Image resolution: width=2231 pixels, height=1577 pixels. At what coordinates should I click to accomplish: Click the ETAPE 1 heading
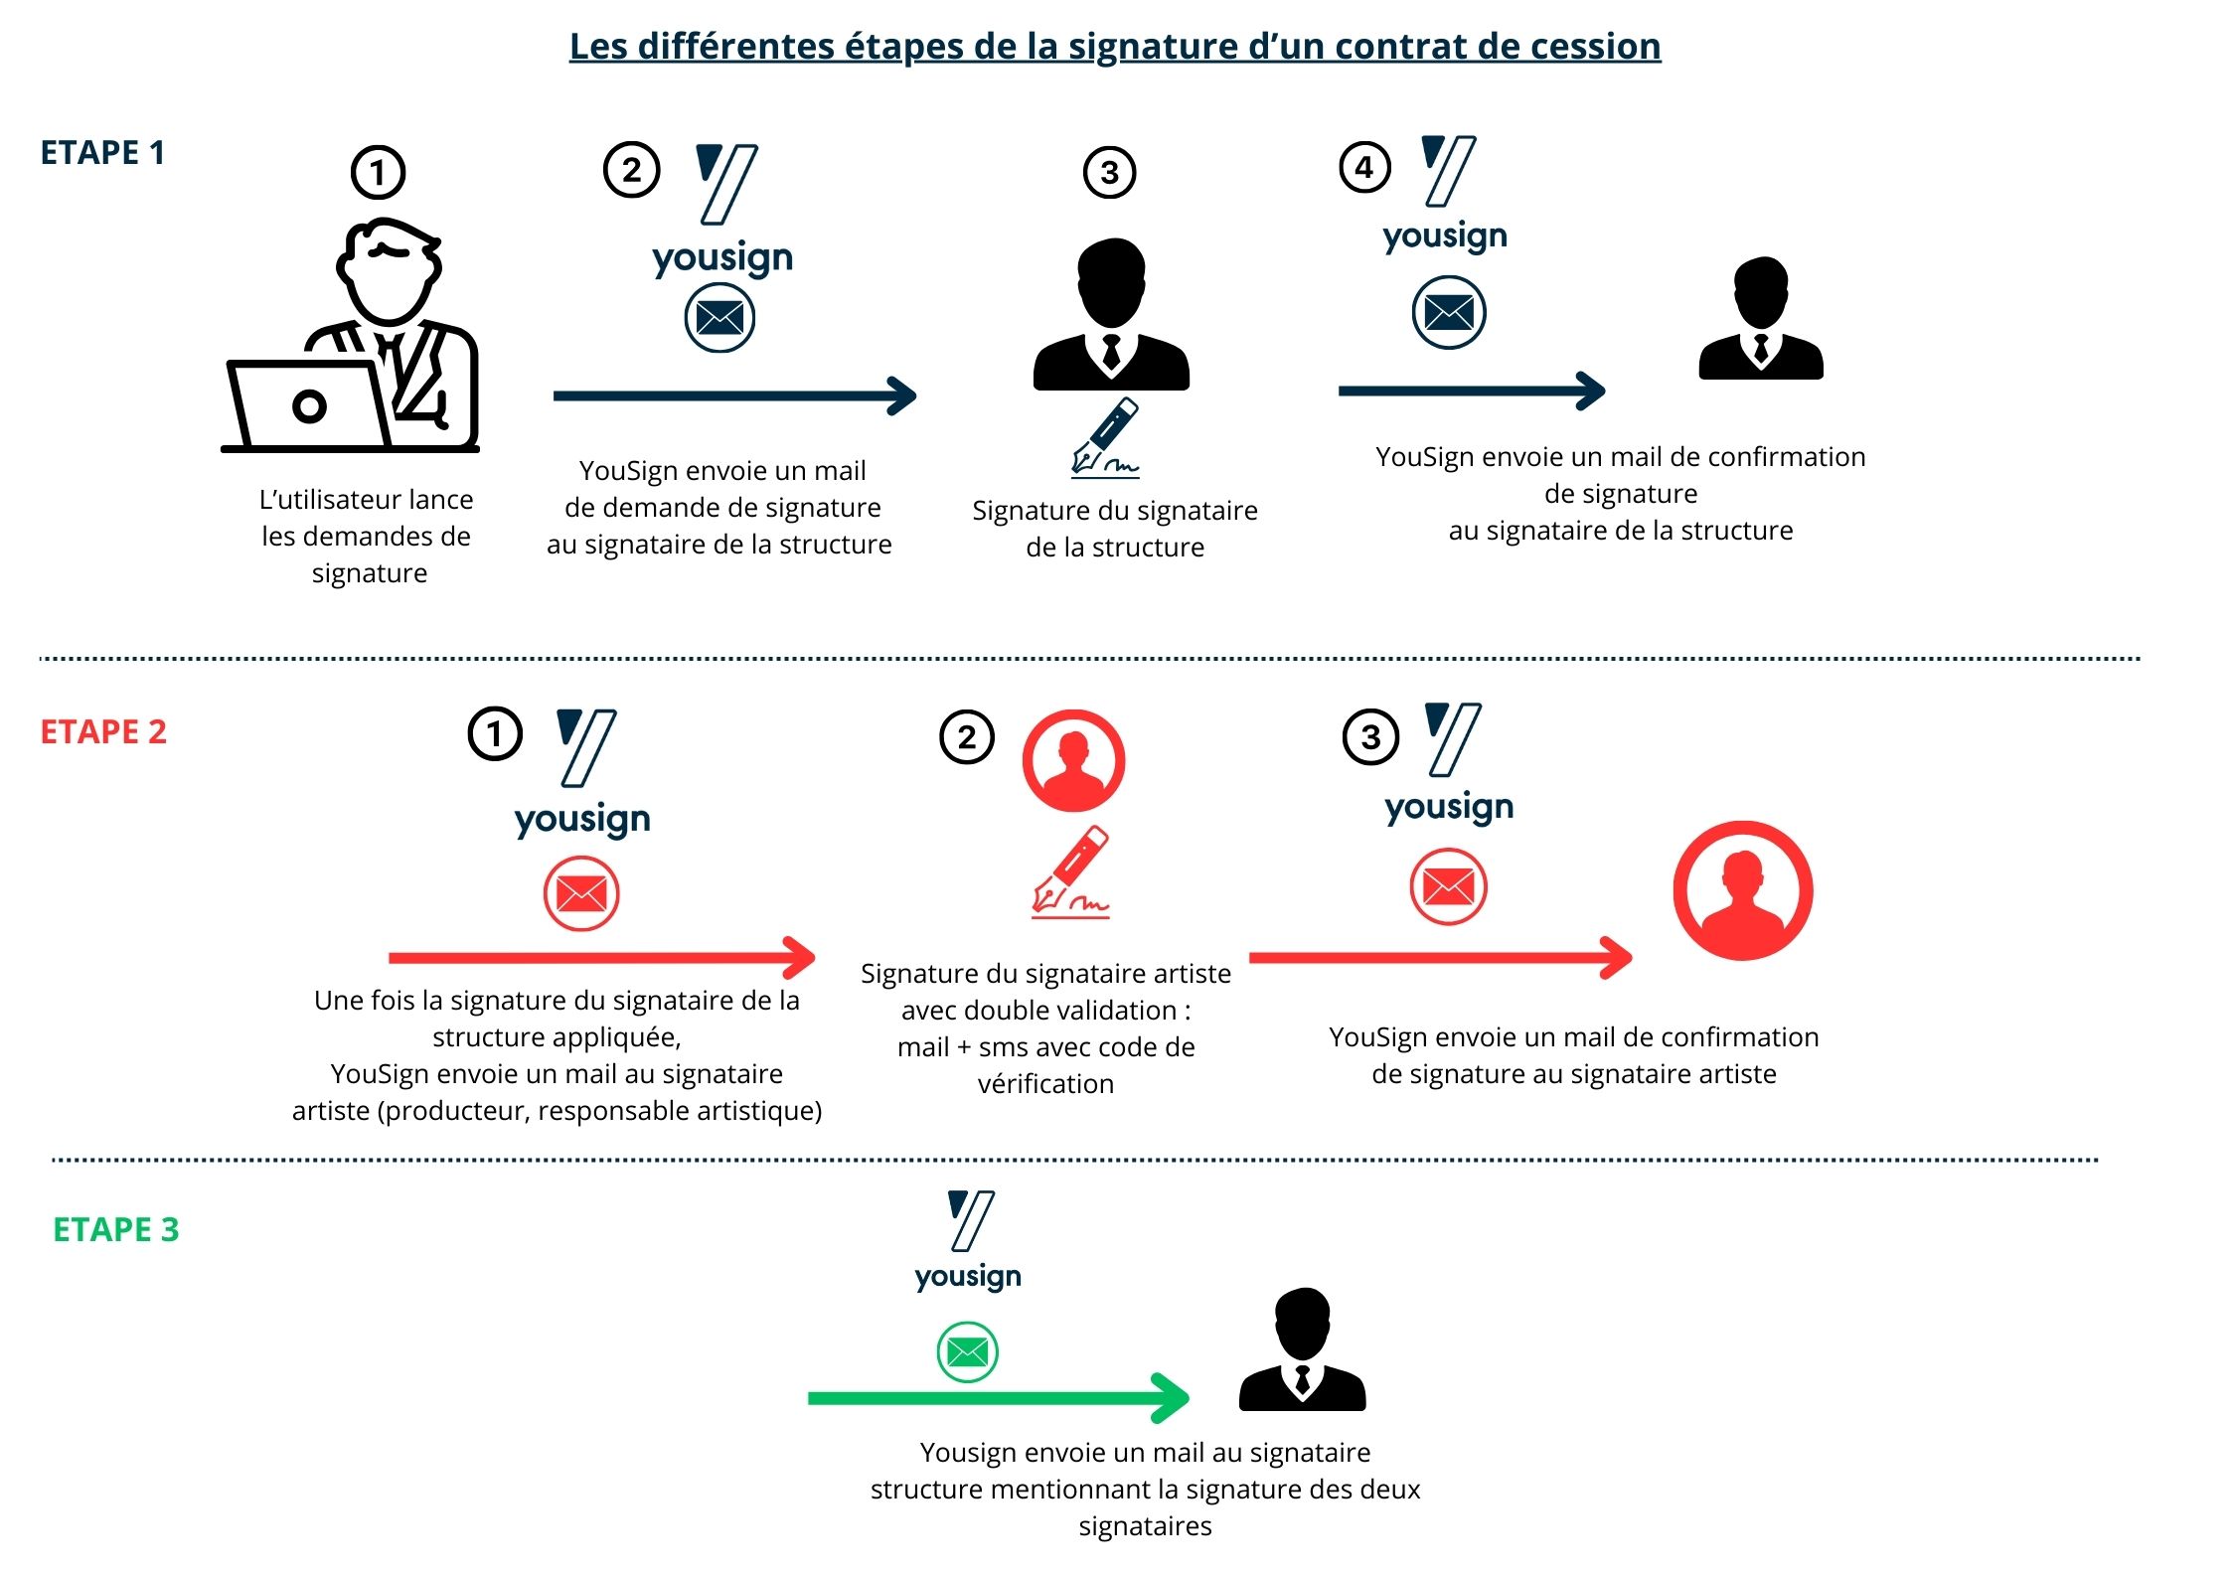102,153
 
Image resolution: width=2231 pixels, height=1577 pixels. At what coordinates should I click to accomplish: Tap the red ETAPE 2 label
103,732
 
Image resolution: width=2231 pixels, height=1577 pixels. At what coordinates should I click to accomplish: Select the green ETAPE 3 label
116,1230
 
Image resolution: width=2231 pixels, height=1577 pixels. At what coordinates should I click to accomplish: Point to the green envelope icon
967,1352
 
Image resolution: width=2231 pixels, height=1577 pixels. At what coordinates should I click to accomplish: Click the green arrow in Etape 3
998,1398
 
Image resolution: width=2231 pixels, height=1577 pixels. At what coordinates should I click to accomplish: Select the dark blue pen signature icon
1106,437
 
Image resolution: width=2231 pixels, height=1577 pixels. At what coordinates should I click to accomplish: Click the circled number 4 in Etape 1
1364,168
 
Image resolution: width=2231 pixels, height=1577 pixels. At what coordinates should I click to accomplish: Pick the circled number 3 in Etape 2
1370,737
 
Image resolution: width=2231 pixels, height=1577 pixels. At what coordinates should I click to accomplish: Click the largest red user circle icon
1743,890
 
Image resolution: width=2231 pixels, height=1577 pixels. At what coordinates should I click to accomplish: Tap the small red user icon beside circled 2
1073,760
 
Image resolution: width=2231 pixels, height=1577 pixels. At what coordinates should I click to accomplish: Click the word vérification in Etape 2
1045,1084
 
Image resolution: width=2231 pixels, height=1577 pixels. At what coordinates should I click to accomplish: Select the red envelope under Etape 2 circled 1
581,894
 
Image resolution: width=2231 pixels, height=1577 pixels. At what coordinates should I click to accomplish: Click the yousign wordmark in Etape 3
968,1276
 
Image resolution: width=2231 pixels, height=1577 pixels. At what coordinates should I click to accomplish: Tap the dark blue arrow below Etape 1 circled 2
734,395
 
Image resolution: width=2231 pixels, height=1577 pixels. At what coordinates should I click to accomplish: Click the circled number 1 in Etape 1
378,173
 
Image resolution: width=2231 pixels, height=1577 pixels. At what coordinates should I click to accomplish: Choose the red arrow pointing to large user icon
1440,958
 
